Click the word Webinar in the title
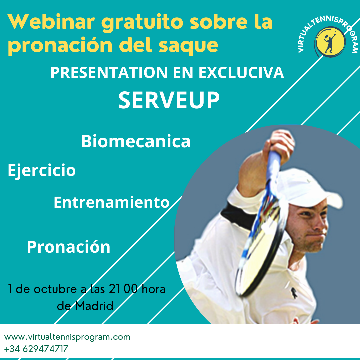[x=51, y=22]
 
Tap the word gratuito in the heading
[x=142, y=23]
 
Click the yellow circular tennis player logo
[x=330, y=42]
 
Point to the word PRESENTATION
[x=109, y=73]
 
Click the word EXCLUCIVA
[x=241, y=73]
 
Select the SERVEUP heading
[x=169, y=100]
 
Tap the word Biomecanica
[x=136, y=141]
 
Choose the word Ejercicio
[x=42, y=171]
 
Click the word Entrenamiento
[x=112, y=202]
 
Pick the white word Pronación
[x=69, y=247]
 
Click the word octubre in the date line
[x=55, y=289]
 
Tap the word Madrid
[x=94, y=306]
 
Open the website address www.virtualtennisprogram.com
[x=67, y=337]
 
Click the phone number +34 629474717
[x=36, y=349]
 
